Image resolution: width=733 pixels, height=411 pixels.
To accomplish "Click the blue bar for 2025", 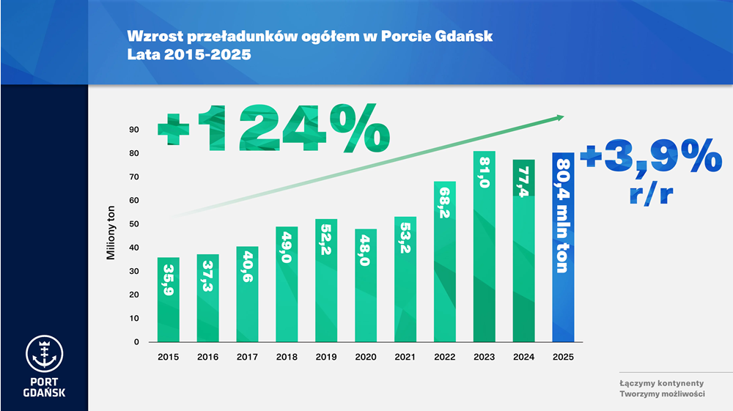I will pyautogui.click(x=563, y=249).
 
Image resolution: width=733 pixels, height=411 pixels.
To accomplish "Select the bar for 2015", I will pyautogui.click(x=169, y=300).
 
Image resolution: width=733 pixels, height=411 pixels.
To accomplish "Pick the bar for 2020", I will pyautogui.click(x=366, y=286).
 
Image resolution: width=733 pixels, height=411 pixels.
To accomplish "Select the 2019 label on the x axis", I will pyautogui.click(x=326, y=357).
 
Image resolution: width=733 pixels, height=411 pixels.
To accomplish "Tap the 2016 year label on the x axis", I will pyautogui.click(x=207, y=357).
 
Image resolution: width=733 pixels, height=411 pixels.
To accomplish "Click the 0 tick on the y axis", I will pyautogui.click(x=136, y=341).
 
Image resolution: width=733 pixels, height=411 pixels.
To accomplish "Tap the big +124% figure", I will pyautogui.click(x=273, y=130).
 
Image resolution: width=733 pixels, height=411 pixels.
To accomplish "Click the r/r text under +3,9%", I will pyautogui.click(x=651, y=193).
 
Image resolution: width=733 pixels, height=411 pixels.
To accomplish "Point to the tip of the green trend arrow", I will pyautogui.click(x=562, y=116).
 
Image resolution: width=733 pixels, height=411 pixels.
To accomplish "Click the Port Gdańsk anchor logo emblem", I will pyautogui.click(x=44, y=355).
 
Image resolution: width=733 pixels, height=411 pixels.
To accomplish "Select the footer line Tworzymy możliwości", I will pyautogui.click(x=661, y=394).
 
